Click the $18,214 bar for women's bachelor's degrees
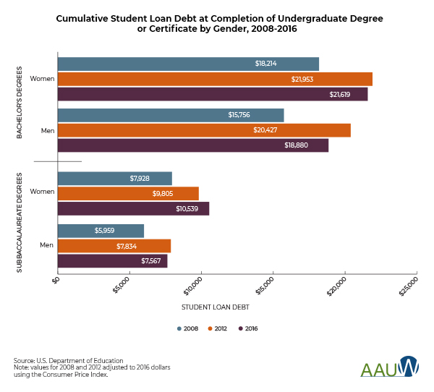click(188, 64)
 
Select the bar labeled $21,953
click(215, 79)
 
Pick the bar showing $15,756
click(171, 115)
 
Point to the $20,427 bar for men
click(204, 130)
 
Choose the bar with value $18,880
click(193, 145)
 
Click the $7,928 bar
click(115, 178)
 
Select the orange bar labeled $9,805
click(128, 193)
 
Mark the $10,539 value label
click(187, 209)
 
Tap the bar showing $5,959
click(101, 231)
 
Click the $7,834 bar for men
click(114, 246)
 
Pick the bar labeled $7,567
click(112, 261)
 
